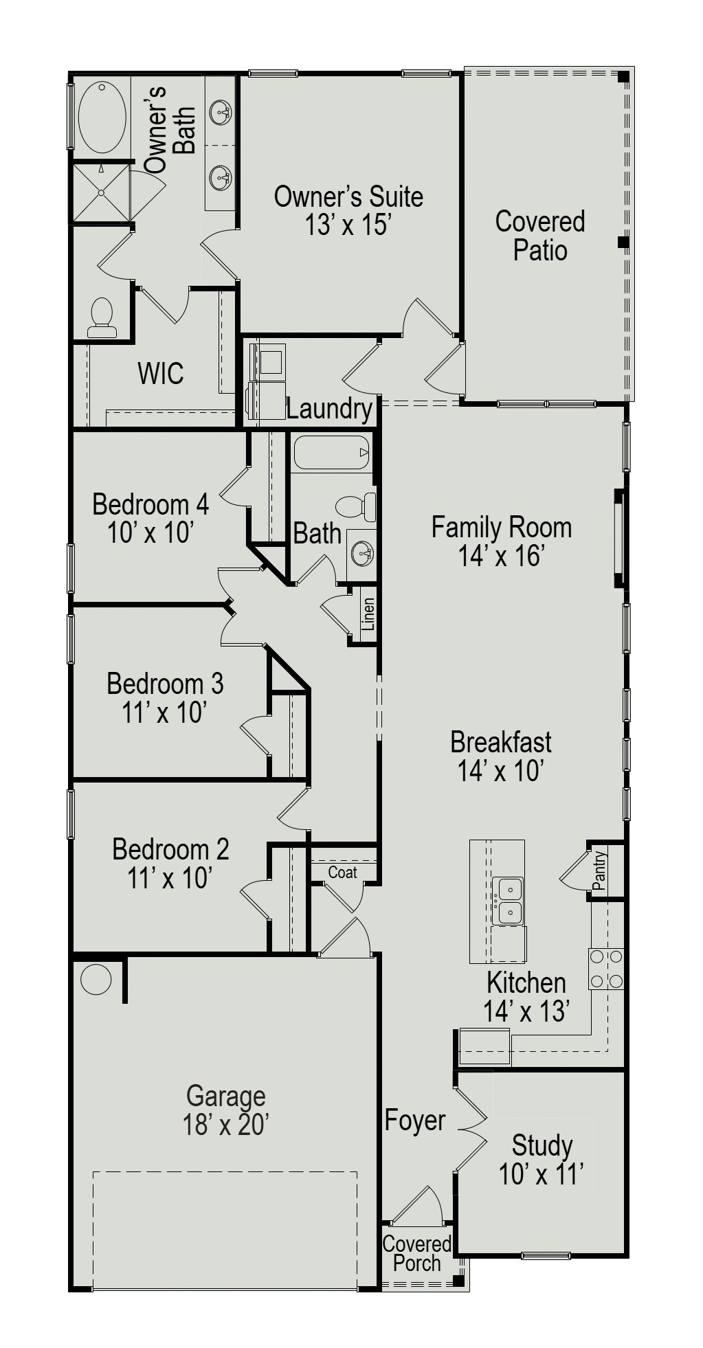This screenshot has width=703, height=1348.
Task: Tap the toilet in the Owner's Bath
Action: (102, 317)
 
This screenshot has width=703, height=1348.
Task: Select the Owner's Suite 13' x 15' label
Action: (348, 210)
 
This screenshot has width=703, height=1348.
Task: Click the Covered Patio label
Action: (540, 236)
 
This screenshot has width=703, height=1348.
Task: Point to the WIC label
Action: (161, 374)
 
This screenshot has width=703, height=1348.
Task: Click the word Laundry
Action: (329, 409)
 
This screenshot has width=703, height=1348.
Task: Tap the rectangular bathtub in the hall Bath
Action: (332, 453)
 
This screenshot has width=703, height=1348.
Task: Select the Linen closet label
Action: (368, 614)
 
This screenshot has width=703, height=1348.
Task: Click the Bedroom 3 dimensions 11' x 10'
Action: (165, 712)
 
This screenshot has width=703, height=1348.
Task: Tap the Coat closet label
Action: (342, 873)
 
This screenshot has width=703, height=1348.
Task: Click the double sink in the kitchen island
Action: (509, 901)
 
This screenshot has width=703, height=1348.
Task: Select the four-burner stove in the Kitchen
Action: (606, 969)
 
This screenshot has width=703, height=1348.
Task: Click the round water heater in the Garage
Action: (96, 979)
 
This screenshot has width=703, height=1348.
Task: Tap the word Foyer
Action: (415, 1121)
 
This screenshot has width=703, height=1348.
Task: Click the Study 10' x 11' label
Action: (542, 1160)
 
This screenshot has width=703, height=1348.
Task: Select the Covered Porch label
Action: (417, 1253)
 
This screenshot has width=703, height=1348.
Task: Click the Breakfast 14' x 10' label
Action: (501, 756)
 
